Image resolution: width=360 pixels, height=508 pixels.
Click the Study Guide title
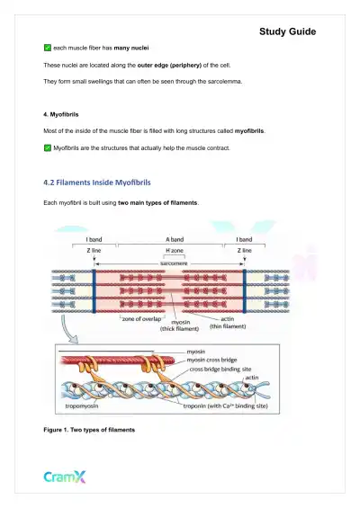pyautogui.click(x=287, y=31)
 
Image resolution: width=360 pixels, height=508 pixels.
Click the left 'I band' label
pyautogui.click(x=94, y=239)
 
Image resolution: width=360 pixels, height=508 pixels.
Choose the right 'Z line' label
pyautogui.click(x=244, y=251)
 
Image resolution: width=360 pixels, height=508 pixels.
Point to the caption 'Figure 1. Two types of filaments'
pyautogui.click(x=89, y=431)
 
